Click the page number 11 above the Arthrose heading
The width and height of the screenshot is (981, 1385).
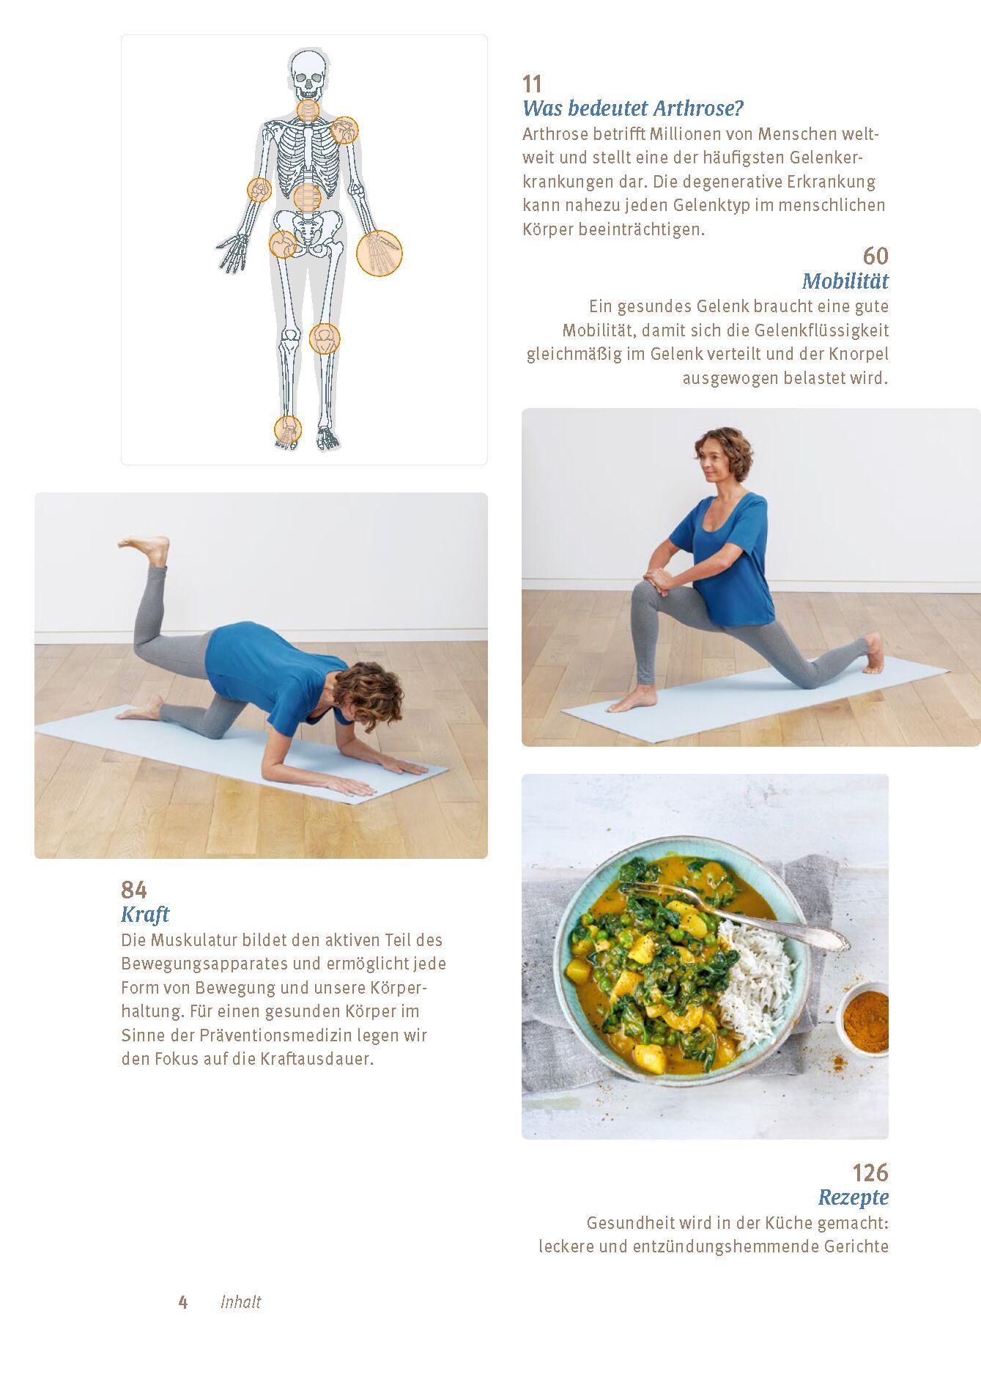tap(532, 84)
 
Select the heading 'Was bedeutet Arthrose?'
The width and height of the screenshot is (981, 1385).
tap(632, 108)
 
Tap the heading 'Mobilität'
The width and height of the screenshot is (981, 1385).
tap(845, 281)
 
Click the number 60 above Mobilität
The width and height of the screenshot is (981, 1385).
tap(876, 256)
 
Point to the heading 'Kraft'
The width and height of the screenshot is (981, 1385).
tap(145, 915)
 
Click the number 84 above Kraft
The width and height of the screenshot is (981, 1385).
tap(134, 890)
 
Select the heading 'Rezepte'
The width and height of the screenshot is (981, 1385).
tap(854, 1197)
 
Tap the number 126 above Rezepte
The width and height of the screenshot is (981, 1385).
tap(870, 1172)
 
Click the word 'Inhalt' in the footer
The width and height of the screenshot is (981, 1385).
tap(240, 1301)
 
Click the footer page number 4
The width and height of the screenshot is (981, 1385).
tap(183, 1302)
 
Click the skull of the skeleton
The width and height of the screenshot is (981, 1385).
tap(308, 74)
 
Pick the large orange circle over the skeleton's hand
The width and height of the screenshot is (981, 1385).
tap(380, 254)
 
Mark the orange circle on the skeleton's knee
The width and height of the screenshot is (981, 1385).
tap(325, 339)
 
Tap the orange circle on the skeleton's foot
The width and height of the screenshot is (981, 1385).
tap(288, 430)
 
